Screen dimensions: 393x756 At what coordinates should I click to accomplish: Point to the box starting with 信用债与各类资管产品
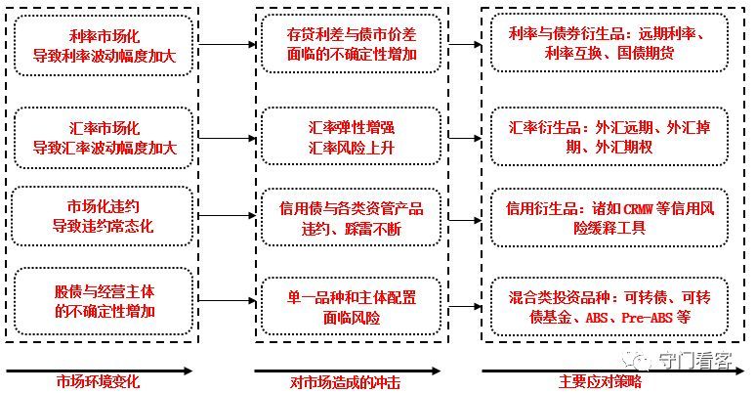[353, 217]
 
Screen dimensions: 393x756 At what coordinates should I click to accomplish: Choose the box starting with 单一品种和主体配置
[353, 302]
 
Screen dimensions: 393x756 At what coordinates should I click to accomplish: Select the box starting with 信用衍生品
[613, 217]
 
